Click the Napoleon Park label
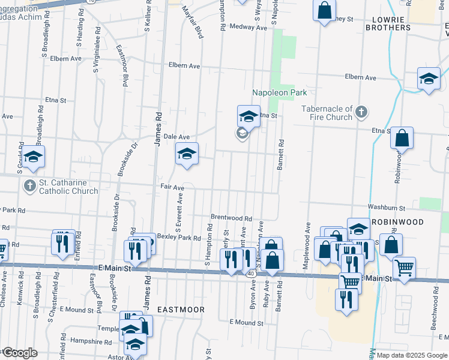click(279, 92)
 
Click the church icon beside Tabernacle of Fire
click(361, 112)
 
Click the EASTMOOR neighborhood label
click(181, 310)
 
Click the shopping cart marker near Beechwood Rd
click(405, 267)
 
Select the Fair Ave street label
click(172, 187)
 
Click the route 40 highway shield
click(249, 274)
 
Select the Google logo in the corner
click(19, 353)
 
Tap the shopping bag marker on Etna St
click(402, 138)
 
